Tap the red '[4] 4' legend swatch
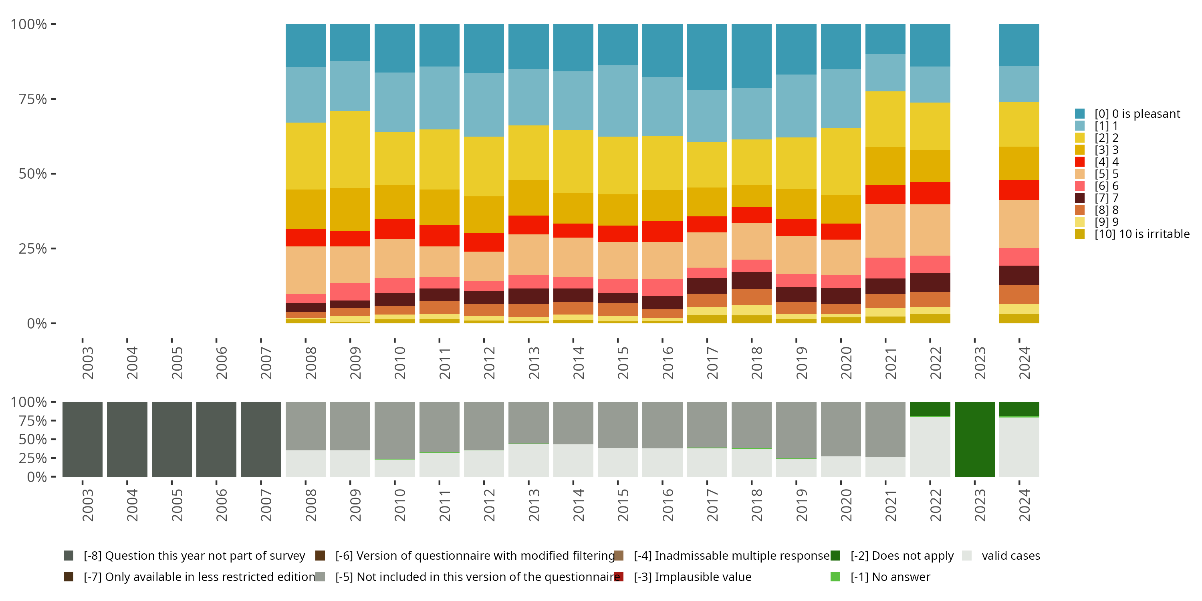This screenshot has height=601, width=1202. click(x=1080, y=162)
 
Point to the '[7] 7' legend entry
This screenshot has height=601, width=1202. click(x=1106, y=198)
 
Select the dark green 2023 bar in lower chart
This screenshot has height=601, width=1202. click(x=975, y=439)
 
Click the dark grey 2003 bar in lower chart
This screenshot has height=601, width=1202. click(x=83, y=439)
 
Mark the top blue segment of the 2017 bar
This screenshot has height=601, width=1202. click(x=707, y=57)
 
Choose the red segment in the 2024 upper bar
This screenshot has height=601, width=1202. click(x=1019, y=190)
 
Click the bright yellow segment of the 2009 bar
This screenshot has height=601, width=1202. click(x=350, y=149)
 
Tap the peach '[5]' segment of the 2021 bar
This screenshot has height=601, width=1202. click(x=885, y=230)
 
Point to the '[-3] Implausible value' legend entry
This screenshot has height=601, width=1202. click(x=692, y=577)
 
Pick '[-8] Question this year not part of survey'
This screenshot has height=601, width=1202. click(x=194, y=556)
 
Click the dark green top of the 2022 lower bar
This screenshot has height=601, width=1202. click(x=930, y=409)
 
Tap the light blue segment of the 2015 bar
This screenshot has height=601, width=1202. click(x=618, y=101)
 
